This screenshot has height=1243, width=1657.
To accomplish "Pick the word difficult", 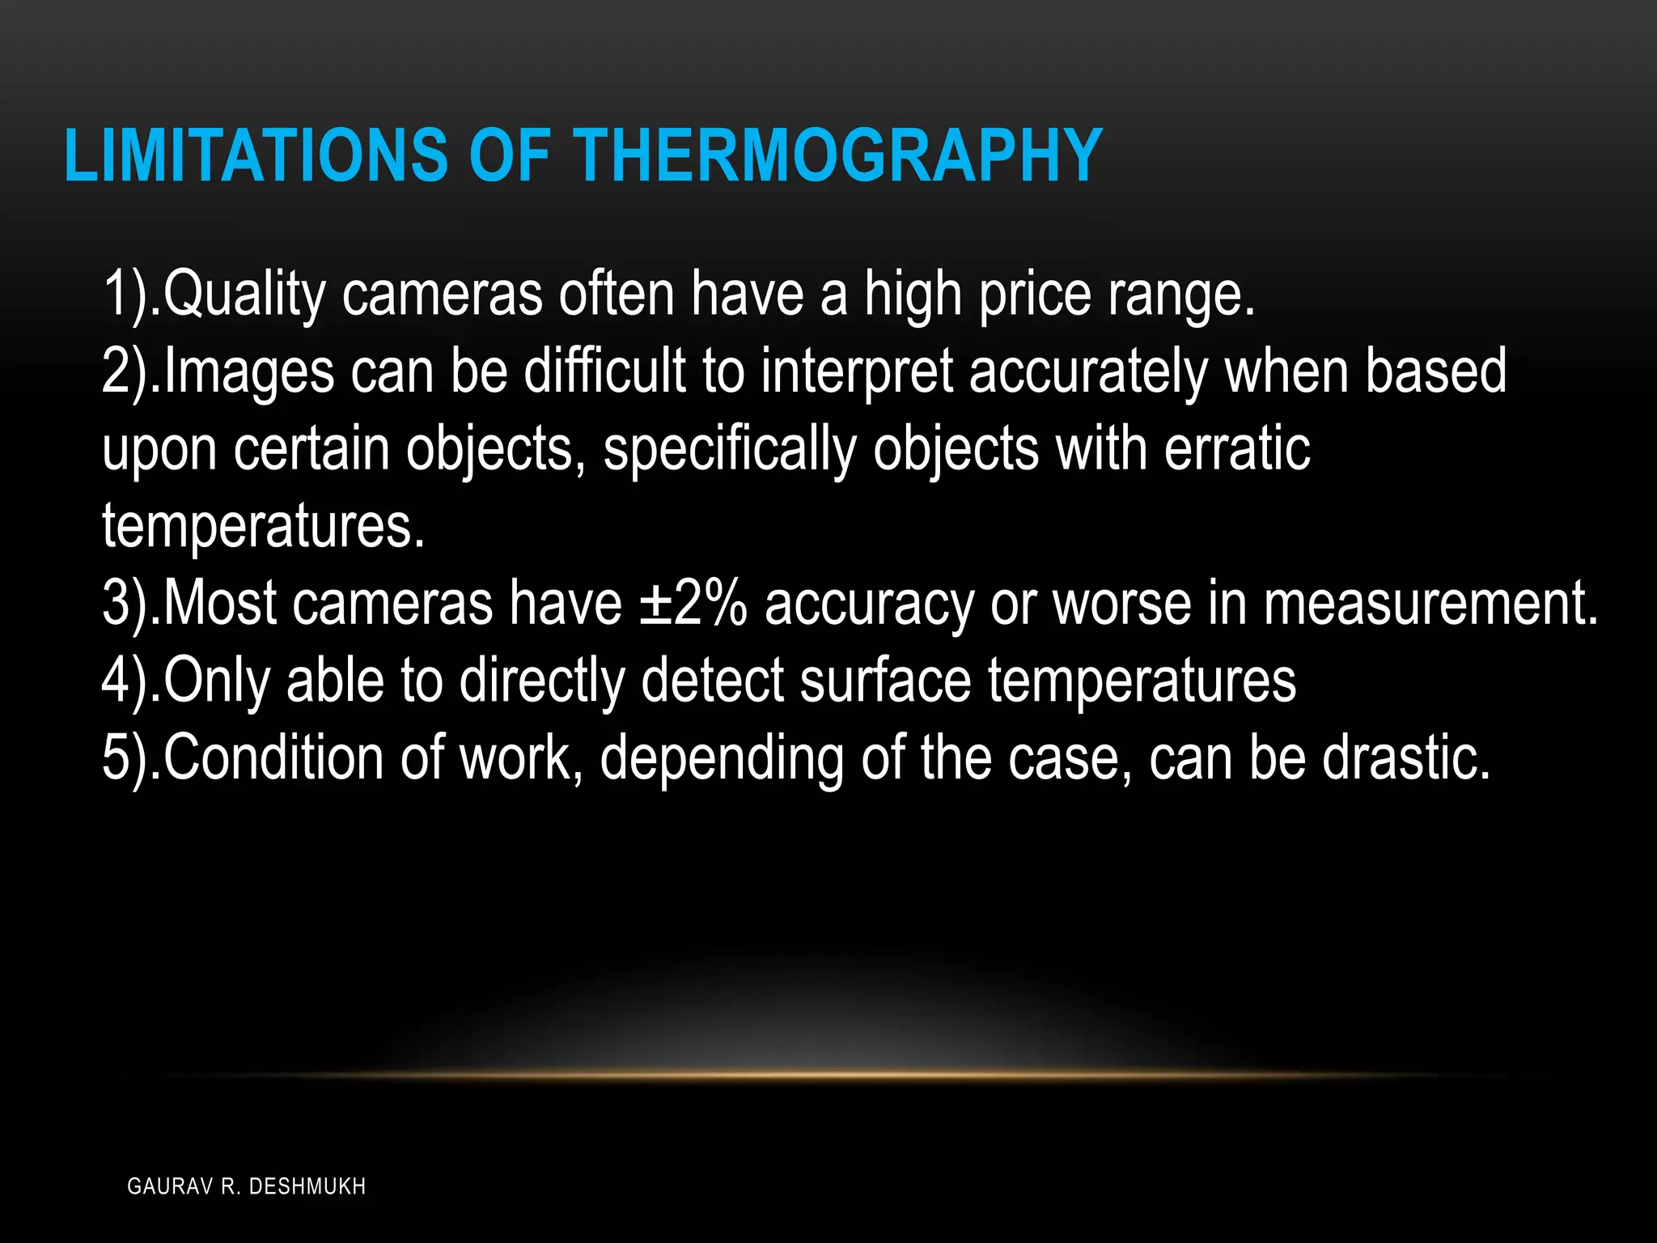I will pyautogui.click(x=604, y=371).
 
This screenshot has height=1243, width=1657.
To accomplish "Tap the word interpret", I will pyautogui.click(x=857, y=371).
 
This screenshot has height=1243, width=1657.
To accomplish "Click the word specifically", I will pyautogui.click(x=729, y=449).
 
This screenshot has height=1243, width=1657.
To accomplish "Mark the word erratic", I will pyautogui.click(x=1237, y=449).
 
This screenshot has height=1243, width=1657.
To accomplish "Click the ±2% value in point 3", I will pyautogui.click(x=693, y=604).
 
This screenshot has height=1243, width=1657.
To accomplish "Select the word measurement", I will pyautogui.click(x=1430, y=604).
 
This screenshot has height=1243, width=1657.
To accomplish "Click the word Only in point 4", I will pyautogui.click(x=216, y=681).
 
